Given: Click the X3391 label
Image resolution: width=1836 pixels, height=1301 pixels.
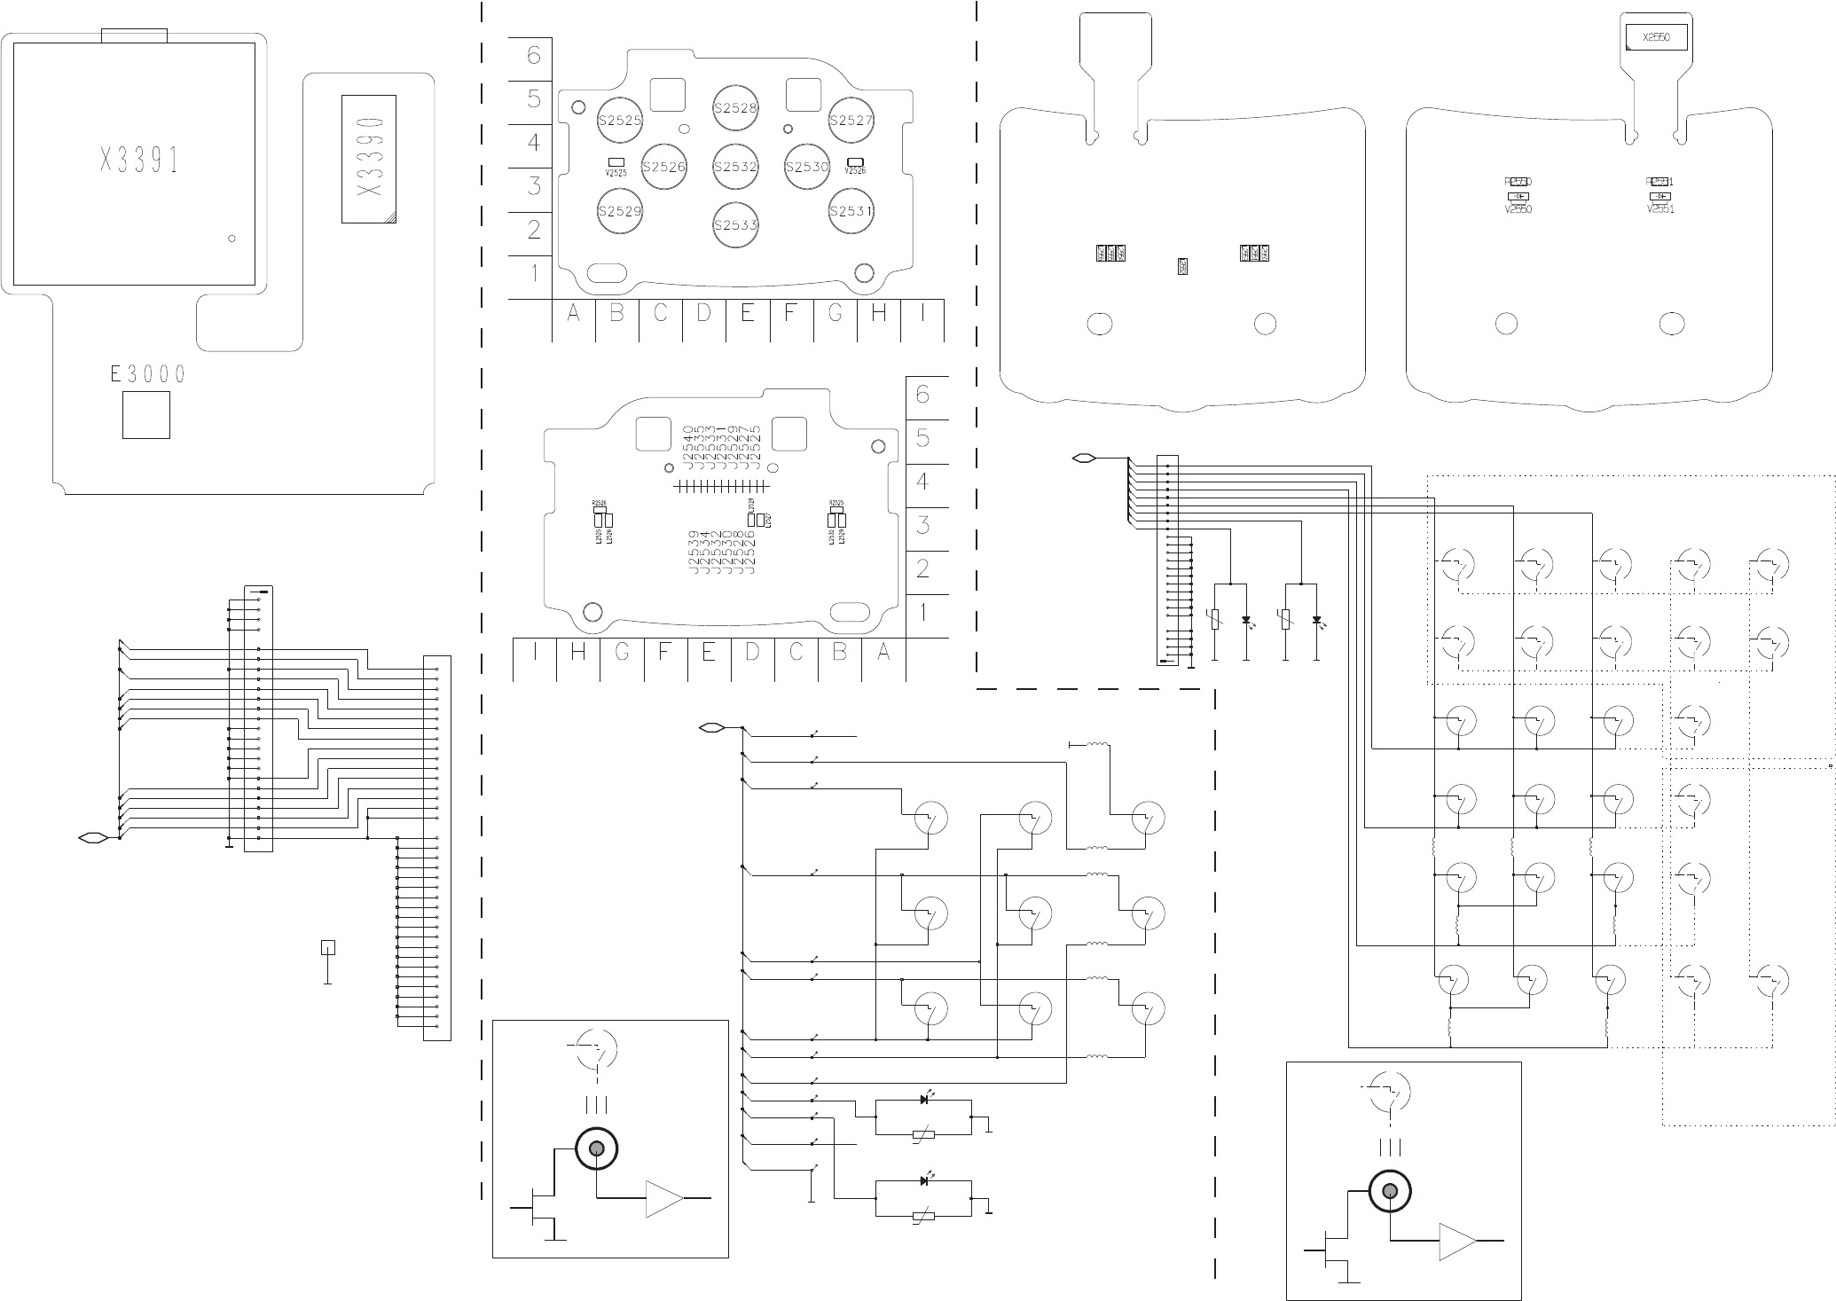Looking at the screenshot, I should point(139,161).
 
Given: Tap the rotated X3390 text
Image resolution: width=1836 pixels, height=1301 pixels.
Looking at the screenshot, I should point(369,159).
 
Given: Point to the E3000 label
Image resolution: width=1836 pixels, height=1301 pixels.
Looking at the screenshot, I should point(148,374).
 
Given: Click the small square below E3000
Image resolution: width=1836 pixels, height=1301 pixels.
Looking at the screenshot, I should point(145,415).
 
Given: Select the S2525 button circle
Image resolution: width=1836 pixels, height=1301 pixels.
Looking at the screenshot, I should point(619,121).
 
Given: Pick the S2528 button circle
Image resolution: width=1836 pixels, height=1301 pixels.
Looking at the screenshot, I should point(735,108).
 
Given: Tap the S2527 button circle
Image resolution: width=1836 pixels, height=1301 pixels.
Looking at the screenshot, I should point(851,121).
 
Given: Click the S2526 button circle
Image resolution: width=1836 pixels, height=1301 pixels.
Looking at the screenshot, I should point(664,167).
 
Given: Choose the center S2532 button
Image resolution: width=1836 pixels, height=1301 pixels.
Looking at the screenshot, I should point(735,167).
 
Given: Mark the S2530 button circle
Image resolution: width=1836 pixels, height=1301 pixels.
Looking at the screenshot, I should point(807,167).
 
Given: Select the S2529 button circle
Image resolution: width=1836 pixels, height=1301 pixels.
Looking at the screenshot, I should point(619,212).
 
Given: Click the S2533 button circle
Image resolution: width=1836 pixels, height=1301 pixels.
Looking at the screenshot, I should point(735,225).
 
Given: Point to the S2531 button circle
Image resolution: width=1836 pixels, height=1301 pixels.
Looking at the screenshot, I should point(851,212).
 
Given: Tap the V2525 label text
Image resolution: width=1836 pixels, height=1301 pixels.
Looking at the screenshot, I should point(616,173).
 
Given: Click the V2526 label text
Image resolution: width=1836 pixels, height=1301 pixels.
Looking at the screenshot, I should point(855,171).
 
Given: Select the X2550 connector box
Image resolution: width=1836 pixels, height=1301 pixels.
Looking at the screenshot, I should point(1656,38).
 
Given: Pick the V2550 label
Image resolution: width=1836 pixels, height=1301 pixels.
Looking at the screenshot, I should point(1518,210).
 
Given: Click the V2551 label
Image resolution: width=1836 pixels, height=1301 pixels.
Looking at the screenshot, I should point(1660,210).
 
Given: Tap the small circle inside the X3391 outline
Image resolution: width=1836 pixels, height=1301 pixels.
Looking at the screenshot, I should point(231,239).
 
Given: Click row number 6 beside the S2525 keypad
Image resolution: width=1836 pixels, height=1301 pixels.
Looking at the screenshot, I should point(533,56).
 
